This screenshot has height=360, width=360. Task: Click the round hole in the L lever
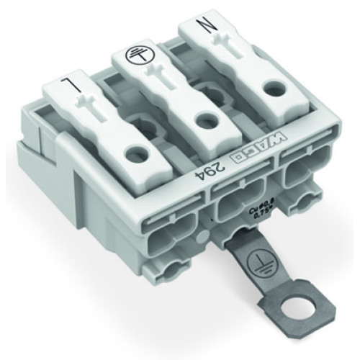click(133, 152)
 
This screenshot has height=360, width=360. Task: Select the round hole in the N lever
click(270, 86)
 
